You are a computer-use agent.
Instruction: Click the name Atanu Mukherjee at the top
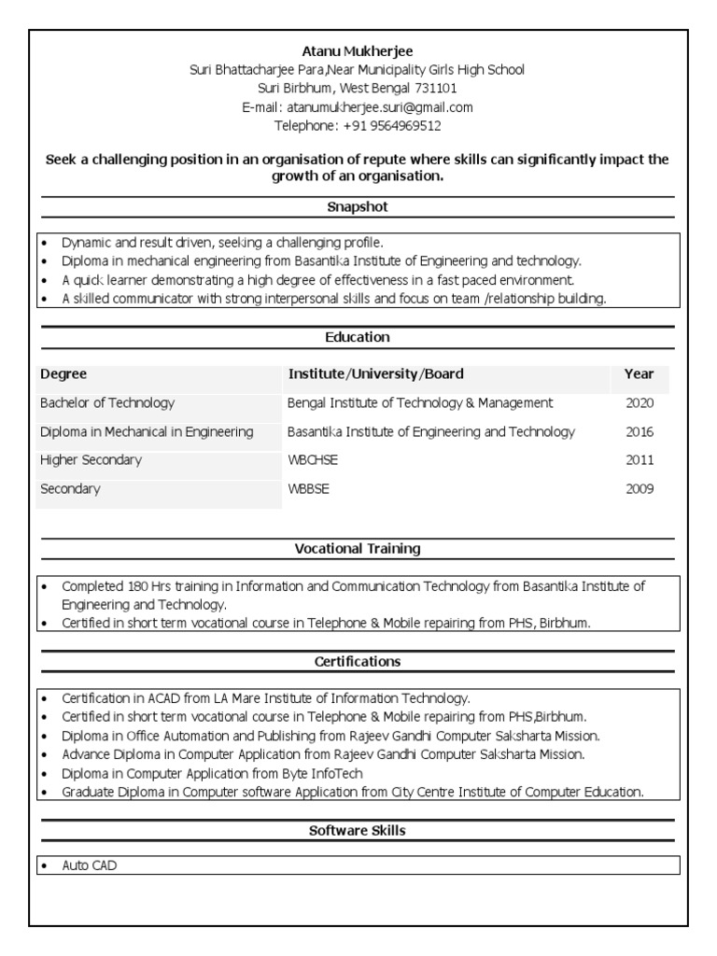(x=358, y=50)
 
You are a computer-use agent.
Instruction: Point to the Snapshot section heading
(x=358, y=206)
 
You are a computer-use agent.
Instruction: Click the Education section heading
(x=358, y=337)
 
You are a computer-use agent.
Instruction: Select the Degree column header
(x=63, y=374)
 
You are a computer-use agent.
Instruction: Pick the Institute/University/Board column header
(x=375, y=374)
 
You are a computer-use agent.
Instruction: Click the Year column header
(x=639, y=374)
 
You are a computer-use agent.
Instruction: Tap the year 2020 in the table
(x=640, y=403)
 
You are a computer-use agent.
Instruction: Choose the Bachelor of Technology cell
(x=107, y=403)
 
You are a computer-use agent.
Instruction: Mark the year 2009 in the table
(x=640, y=489)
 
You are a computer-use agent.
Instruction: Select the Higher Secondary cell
(x=91, y=460)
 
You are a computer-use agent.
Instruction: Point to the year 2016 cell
(x=640, y=432)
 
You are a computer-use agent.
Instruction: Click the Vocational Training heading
(x=358, y=549)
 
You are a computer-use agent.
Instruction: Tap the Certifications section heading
(x=358, y=662)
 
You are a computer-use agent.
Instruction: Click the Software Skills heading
(x=358, y=830)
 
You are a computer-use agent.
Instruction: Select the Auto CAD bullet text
(x=90, y=866)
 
